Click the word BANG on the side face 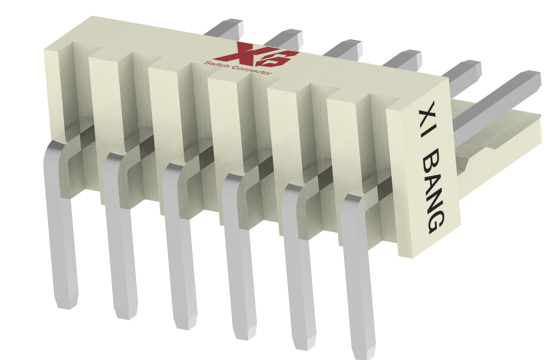(x=433, y=191)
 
